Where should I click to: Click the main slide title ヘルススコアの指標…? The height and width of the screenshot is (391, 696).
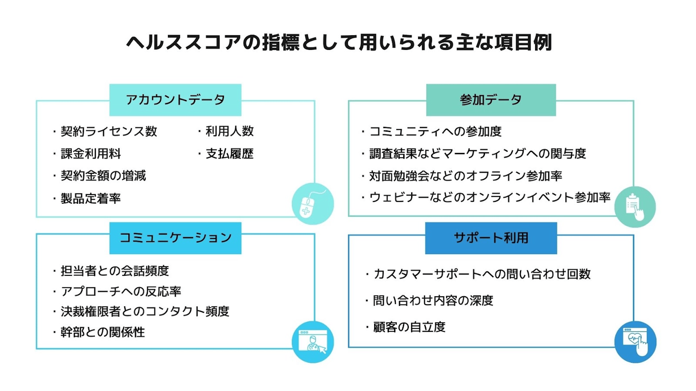pyautogui.click(x=339, y=43)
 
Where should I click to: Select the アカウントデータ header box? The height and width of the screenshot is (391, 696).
pyautogui.click(x=175, y=100)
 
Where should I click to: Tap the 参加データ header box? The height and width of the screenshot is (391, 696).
pyautogui.click(x=491, y=100)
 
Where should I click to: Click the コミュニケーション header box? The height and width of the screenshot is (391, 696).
pyautogui.click(x=175, y=238)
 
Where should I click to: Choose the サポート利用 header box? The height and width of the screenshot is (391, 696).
pyautogui.click(x=491, y=238)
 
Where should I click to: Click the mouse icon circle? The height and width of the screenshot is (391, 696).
pyautogui.click(x=313, y=204)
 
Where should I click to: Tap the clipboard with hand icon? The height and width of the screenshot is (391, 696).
pyautogui.click(x=635, y=207)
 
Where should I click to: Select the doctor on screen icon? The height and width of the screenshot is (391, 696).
pyautogui.click(x=313, y=342)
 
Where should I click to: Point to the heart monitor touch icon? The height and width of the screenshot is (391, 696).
pyautogui.click(x=635, y=342)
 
